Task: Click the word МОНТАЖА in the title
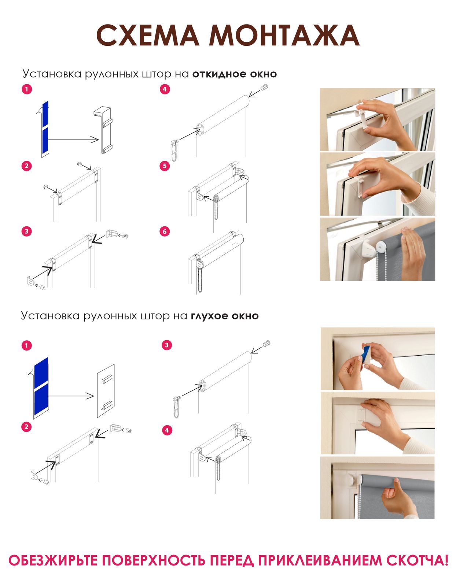[x=284, y=35]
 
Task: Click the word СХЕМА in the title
[x=148, y=35]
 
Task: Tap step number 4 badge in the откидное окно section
[x=165, y=89]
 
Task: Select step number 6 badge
[x=165, y=231]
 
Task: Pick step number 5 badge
[x=165, y=166]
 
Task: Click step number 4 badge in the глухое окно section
[x=167, y=430]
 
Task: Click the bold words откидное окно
[x=235, y=74]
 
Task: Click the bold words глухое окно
[x=225, y=316]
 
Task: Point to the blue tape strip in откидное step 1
[x=45, y=126]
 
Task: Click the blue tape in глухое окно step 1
[x=41, y=385]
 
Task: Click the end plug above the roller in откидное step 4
[x=264, y=88]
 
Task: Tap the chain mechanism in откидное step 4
[x=175, y=151]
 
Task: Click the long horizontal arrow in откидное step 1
[x=73, y=140]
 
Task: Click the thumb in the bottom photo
[x=396, y=484]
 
